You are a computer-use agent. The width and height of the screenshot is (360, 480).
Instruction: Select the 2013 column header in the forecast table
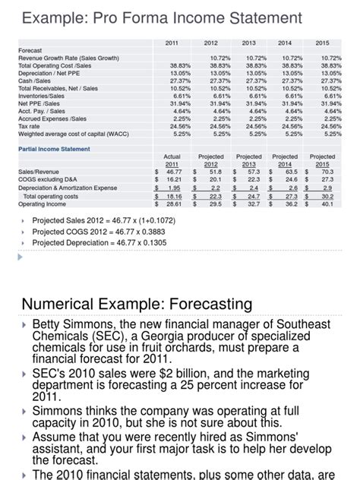[248, 43]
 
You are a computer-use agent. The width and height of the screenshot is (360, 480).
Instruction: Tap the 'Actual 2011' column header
[172, 160]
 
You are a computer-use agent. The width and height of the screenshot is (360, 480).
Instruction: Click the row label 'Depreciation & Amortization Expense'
[68, 188]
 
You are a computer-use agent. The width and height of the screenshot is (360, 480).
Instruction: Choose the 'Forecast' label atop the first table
[30, 50]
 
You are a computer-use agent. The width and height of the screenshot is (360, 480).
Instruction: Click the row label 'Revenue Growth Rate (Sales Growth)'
[68, 58]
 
